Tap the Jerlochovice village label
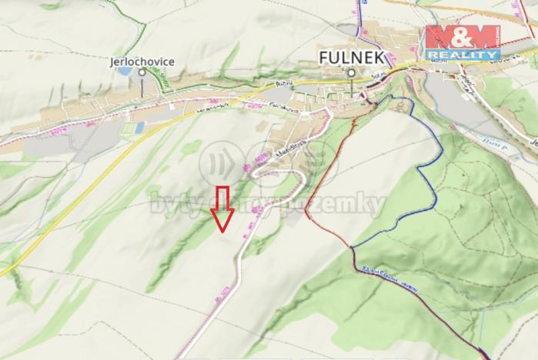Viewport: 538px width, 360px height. pyautogui.click(x=142, y=61)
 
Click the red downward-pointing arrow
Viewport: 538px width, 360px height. pyautogui.click(x=223, y=208)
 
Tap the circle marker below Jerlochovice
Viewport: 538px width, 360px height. pyautogui.click(x=142, y=72)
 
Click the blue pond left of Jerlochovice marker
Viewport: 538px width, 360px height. pyautogui.click(x=124, y=71)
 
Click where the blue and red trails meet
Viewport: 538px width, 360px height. pyautogui.click(x=353, y=247)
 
